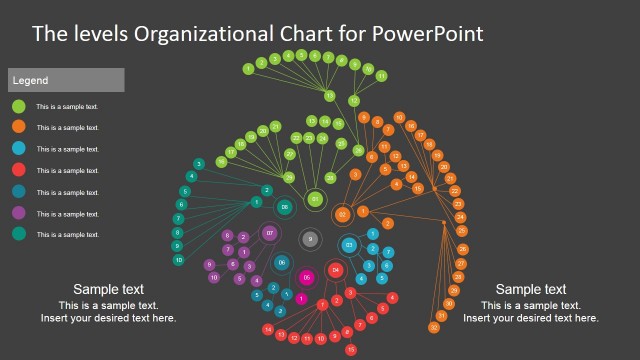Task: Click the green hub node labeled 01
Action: (315, 200)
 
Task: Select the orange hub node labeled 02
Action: (342, 214)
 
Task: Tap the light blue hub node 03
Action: (349, 245)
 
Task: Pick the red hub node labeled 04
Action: (336, 270)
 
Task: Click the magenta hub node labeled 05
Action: (307, 277)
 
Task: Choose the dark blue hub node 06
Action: (282, 263)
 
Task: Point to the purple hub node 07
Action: (269, 234)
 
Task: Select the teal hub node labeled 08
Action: (285, 207)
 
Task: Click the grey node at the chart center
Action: (310, 239)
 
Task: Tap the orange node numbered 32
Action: (434, 327)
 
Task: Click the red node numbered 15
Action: (350, 350)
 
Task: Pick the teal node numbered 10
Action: (179, 260)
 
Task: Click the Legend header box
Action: (66, 80)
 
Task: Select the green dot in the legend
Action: (19, 106)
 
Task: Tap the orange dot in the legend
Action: (19, 127)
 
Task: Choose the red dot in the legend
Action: (19, 170)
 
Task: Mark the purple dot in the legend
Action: (19, 213)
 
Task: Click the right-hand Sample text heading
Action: (531, 289)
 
